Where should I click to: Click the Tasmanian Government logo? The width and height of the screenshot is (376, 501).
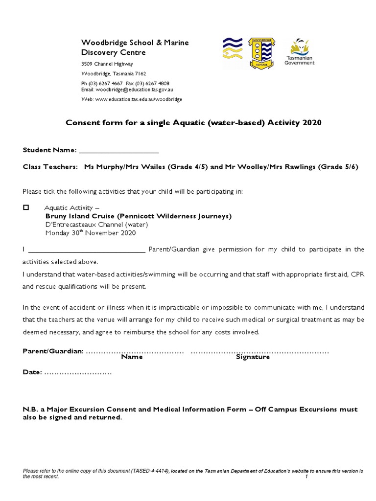click(300, 52)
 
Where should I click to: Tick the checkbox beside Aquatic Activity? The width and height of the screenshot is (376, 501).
click(26, 207)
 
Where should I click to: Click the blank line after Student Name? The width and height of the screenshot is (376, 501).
click(118, 150)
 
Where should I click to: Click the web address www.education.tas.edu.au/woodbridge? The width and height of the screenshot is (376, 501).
click(139, 99)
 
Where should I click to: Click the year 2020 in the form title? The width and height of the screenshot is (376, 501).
click(312, 123)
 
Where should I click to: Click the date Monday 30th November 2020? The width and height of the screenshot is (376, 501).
click(90, 233)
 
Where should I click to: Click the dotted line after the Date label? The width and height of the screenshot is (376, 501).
click(78, 372)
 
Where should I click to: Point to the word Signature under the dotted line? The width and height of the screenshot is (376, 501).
click(253, 357)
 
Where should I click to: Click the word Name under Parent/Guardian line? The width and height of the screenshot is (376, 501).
click(132, 357)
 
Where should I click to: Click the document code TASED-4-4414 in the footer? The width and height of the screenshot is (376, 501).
click(149, 471)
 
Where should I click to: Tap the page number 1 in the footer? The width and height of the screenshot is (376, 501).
click(306, 477)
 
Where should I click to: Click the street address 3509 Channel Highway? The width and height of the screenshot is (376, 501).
click(107, 64)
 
